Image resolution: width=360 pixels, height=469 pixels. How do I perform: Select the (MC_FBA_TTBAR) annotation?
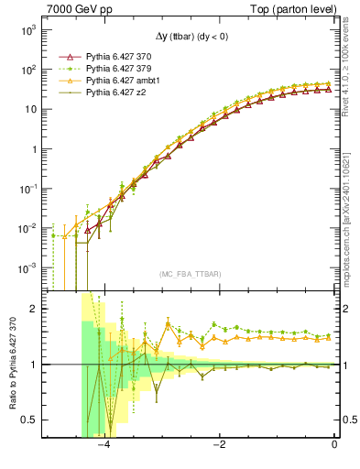click(x=191, y=274)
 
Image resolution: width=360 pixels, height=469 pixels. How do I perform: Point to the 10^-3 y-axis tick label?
click(x=27, y=268)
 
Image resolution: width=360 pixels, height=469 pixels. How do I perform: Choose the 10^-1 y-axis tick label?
click(x=27, y=189)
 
